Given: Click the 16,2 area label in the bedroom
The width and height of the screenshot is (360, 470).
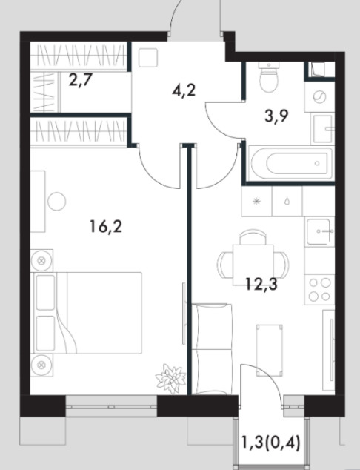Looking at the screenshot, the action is pos(106,227).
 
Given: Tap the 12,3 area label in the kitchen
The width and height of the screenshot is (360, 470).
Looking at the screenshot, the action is pos(261,284).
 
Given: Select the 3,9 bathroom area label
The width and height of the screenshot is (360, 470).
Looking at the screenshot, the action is pos(276,116).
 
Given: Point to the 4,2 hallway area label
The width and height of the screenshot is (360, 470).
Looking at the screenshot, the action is pos(184,90).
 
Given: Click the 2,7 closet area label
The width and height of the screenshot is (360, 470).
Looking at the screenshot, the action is pos(80,80).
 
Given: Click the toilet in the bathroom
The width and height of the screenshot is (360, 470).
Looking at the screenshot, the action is pos(269,77).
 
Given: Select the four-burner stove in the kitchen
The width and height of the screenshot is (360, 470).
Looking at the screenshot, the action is pos(319,290).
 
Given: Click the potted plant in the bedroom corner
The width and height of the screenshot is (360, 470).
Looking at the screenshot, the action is pos(170,378).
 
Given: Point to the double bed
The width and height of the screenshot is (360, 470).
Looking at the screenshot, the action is pos(86,313).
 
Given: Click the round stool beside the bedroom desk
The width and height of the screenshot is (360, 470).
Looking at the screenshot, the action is pos(56,202).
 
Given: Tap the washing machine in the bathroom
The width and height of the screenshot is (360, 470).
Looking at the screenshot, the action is pos(319,97).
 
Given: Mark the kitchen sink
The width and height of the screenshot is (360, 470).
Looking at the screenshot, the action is pos(319,232).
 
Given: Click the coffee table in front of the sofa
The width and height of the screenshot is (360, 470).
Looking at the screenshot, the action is pos(269,350).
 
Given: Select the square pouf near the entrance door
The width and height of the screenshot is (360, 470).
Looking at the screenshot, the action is pos(148,58).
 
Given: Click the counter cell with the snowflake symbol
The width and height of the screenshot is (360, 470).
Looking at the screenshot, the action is pos(256,201).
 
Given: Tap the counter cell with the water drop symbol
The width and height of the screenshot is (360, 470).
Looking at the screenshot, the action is pos(287,201).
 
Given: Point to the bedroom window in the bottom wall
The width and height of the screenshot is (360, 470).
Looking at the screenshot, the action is pos(111,406).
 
